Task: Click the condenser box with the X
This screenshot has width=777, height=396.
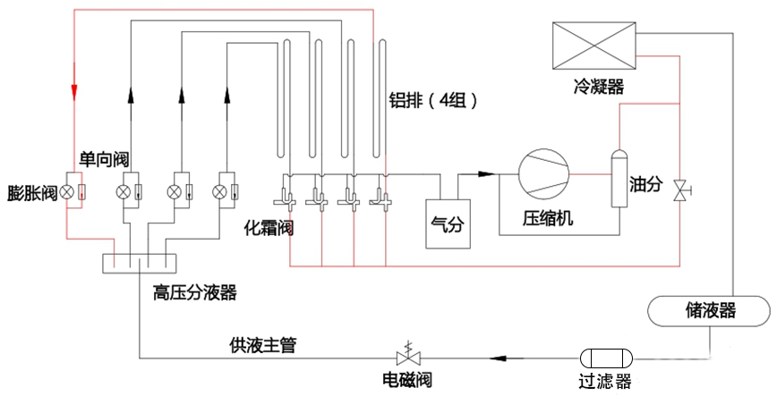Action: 594,46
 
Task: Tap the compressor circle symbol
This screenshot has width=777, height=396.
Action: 543,174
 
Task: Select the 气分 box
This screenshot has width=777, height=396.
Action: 448,223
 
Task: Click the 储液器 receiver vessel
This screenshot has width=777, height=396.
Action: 709,311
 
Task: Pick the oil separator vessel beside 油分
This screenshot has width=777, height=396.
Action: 619,178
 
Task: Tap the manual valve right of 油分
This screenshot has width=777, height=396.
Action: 681,190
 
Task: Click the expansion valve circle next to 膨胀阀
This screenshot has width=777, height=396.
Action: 67,192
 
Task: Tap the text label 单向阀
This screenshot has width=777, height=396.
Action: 104,159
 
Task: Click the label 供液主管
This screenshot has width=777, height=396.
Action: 263,344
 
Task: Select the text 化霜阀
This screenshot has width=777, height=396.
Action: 269,228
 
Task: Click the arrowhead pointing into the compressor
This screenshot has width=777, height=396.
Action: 487,173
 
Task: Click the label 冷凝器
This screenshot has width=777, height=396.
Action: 599,87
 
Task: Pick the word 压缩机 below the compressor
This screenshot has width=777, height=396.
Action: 548,218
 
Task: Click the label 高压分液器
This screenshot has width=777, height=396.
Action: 195,292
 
